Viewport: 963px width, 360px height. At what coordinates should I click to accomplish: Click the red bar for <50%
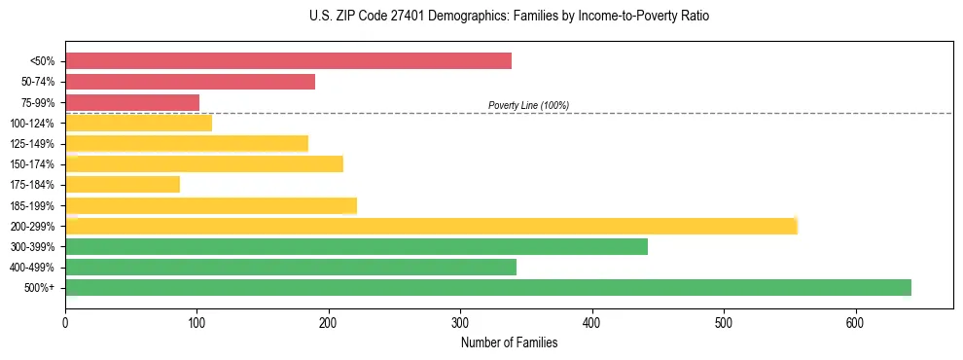(x=288, y=61)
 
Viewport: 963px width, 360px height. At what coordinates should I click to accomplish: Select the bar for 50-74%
(x=190, y=82)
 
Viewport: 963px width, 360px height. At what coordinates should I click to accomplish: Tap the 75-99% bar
(x=132, y=102)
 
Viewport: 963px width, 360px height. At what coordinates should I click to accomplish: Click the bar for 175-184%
(x=123, y=185)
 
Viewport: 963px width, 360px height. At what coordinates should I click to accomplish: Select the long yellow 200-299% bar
(x=431, y=226)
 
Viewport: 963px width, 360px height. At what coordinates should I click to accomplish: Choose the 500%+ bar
(x=488, y=287)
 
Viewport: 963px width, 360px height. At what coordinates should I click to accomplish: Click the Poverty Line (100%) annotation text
(x=528, y=105)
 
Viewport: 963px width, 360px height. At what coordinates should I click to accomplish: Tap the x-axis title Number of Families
(x=509, y=342)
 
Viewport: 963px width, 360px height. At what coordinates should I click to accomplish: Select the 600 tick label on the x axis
(x=855, y=322)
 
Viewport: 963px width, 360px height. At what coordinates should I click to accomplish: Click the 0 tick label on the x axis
(x=65, y=322)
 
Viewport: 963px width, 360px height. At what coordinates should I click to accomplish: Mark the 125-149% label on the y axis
(x=32, y=144)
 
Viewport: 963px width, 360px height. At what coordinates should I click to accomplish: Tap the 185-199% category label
(x=32, y=205)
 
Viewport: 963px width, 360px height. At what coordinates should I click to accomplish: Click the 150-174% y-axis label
(x=32, y=164)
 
